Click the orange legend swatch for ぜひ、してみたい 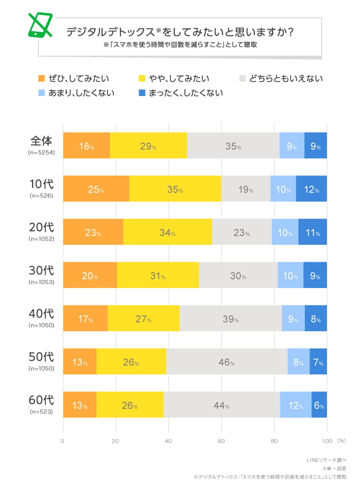41,78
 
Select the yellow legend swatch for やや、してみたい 142,78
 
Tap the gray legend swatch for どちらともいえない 242,78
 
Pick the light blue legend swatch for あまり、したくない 41,93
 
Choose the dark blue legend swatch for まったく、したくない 142,93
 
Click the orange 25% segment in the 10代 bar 96,189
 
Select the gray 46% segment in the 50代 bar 227,362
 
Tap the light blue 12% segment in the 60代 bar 295,405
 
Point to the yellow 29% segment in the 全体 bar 148,146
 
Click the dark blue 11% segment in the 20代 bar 312,232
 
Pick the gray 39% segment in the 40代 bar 230,319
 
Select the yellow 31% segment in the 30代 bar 157,276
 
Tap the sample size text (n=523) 42,411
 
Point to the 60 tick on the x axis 221,441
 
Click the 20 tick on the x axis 116,441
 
